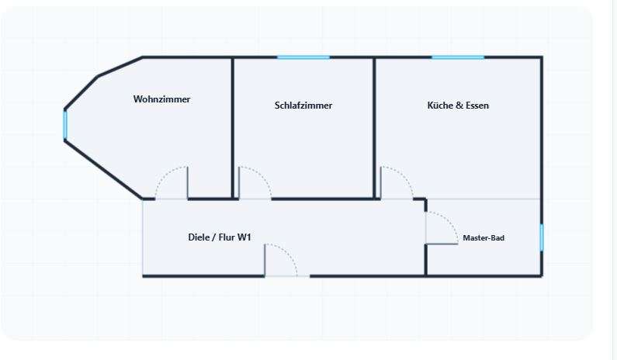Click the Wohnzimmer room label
coord(161,99)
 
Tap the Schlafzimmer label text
coord(303,106)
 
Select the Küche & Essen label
coord(458,106)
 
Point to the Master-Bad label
coord(484,238)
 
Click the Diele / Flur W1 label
coord(220,237)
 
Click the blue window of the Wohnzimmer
coord(65,125)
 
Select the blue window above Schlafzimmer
coord(303,57)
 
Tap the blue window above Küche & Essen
coord(458,57)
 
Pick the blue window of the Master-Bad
coord(542,237)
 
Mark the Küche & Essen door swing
coord(404,175)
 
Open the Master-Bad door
coord(449,220)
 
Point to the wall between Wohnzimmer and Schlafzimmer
coord(233,128)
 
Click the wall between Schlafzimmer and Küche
coord(374,128)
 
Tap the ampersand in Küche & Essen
coord(458,106)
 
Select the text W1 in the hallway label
coord(244,237)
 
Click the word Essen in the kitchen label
coord(477,106)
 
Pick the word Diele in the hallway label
coord(198,237)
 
